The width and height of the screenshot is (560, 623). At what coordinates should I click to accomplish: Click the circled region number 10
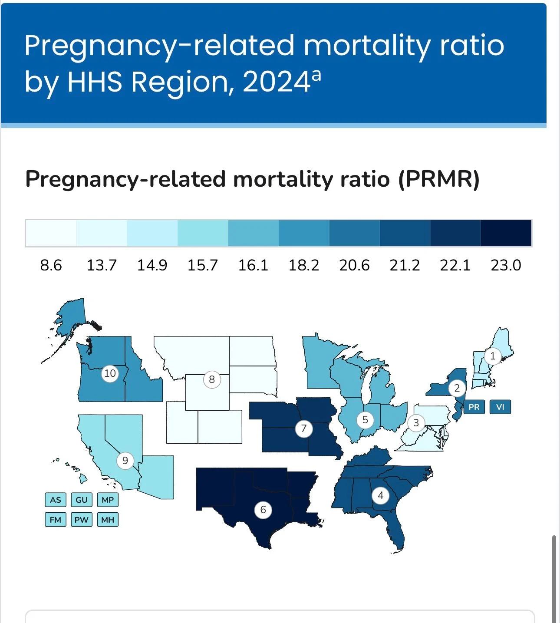pos(110,373)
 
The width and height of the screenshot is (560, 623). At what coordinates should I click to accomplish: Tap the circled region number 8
pos(212,379)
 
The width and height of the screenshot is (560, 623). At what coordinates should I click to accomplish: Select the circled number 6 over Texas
pos(263,509)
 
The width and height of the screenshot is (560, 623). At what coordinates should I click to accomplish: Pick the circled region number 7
pos(304,429)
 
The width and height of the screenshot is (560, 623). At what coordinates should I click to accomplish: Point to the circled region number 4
pos(381,495)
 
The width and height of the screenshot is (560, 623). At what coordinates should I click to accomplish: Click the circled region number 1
pos(492,356)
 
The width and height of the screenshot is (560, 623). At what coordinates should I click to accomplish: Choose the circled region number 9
pos(125,460)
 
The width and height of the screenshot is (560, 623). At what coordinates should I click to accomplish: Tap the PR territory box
pos(474,407)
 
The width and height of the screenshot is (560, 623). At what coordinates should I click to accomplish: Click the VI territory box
pos(500,407)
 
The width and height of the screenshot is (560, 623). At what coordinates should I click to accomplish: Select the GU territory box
pos(82,500)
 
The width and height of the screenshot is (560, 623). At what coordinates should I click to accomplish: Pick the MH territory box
pos(108,520)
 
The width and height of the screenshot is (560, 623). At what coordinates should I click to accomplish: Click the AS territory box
pos(56,500)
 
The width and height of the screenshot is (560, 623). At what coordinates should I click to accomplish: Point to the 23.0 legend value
pos(506,265)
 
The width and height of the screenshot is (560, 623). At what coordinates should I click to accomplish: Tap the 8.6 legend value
pos(51,265)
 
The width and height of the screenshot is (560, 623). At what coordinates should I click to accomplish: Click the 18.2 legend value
pos(304,265)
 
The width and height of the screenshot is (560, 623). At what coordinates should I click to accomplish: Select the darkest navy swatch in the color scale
pos(506,233)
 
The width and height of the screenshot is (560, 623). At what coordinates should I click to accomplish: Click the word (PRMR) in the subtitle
pos(439,179)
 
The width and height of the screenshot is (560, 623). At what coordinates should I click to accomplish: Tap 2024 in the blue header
pos(276,82)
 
